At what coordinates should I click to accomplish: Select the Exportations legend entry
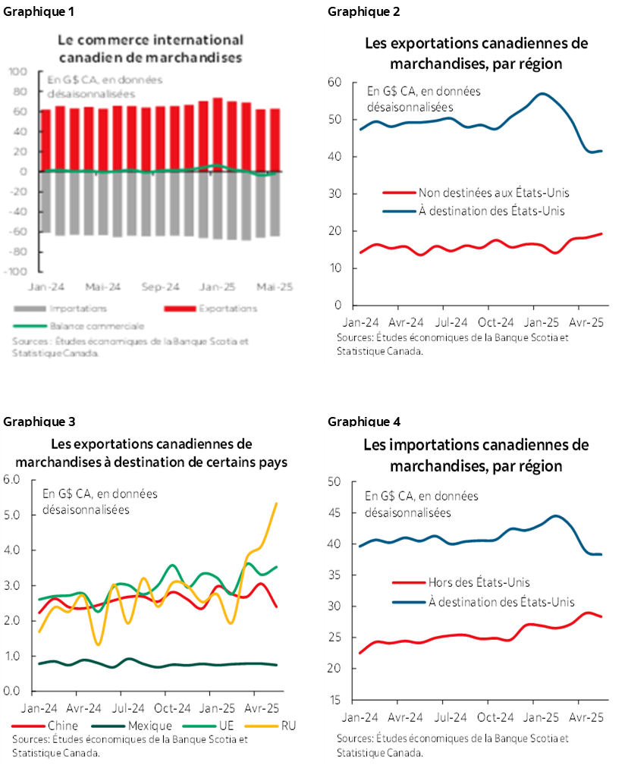[227, 309]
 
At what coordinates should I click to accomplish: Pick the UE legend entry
[225, 726]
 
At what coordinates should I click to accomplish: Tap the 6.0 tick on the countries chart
[13, 479]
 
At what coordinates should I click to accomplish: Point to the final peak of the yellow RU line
[275, 503]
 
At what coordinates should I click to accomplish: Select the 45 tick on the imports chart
[334, 513]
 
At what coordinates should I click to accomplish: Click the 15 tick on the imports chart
[334, 700]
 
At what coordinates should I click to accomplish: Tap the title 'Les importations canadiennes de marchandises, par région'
[476, 455]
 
